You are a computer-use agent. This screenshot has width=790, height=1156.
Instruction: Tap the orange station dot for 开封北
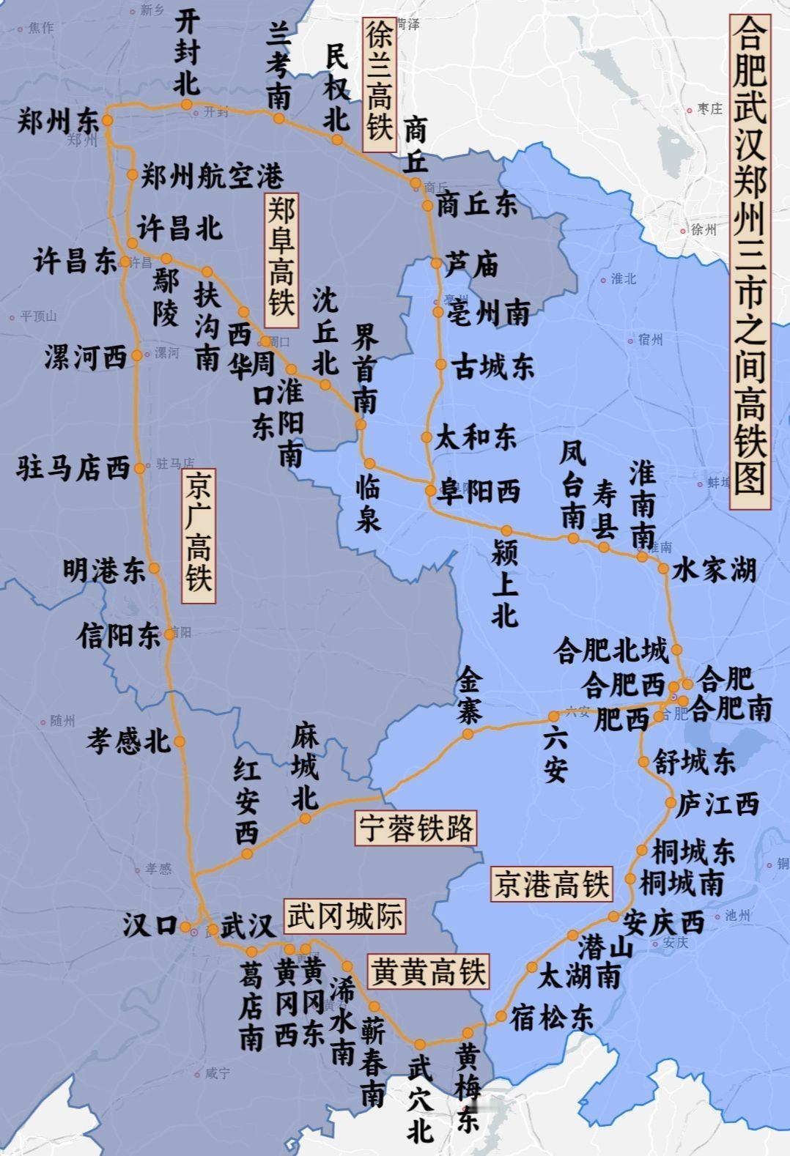tap(187, 105)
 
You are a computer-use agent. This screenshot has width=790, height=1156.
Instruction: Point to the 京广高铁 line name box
tap(199, 535)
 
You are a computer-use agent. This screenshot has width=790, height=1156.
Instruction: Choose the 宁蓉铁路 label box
tap(416, 828)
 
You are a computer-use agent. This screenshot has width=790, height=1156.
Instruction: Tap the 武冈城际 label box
tap(344, 916)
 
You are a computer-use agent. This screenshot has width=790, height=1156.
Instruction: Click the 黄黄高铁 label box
tap(428, 971)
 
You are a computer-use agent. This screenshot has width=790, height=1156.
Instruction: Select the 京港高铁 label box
tap(551, 883)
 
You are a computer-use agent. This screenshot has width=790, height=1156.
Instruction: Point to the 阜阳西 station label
tap(479, 491)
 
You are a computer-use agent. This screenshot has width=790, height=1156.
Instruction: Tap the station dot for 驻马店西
tap(140, 468)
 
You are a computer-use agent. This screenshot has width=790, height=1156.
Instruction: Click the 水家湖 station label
tap(714, 569)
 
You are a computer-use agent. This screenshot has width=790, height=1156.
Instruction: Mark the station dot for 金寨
tap(468, 733)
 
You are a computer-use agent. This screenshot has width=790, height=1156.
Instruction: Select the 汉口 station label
tap(149, 925)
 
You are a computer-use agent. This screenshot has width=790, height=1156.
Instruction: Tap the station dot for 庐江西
tap(671, 803)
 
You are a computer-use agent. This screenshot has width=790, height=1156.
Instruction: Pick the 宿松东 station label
tap(551, 1017)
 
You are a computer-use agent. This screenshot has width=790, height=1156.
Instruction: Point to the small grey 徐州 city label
tap(703, 229)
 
